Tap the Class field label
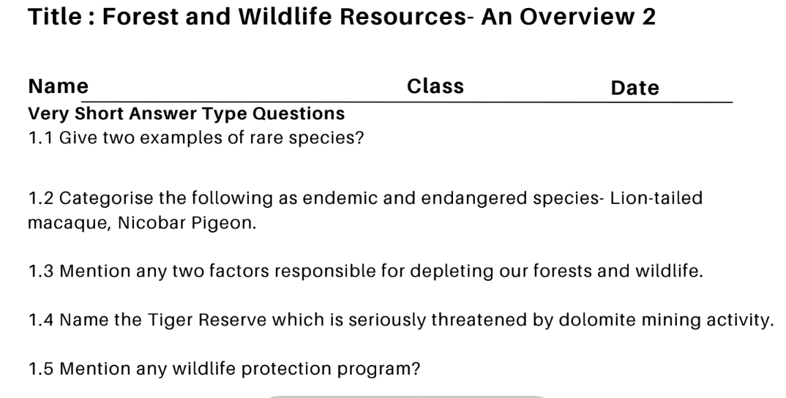(x=435, y=86)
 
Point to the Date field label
(x=635, y=88)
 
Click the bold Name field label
(x=58, y=86)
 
